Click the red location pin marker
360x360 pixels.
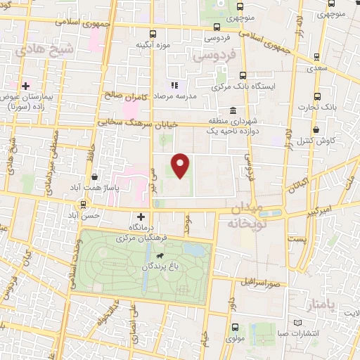[181, 165]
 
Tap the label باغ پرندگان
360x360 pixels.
[148, 267]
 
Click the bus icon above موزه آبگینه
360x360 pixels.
[153, 34]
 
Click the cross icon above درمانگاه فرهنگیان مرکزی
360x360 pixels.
[142, 217]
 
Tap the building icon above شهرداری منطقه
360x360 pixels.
[233, 110]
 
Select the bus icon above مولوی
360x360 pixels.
[235, 327]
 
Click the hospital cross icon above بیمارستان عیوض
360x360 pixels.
[25, 86]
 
